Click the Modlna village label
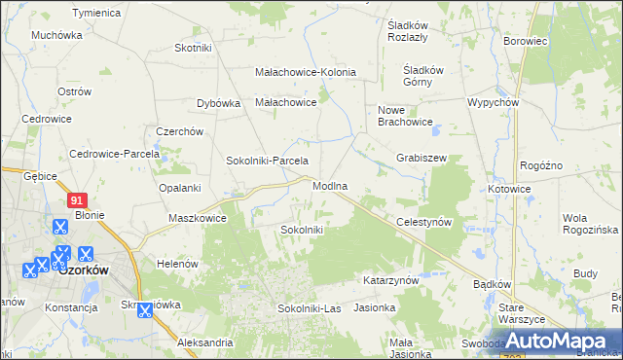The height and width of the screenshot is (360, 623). [x=330, y=185]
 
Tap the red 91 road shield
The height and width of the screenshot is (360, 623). [x=79, y=199]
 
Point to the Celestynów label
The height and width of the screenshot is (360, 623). [x=425, y=222]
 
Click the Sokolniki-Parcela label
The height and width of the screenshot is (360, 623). [x=267, y=161]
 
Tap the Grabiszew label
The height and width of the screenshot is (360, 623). [x=421, y=157]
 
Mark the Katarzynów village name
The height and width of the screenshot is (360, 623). [x=390, y=280]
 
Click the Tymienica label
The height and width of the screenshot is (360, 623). [x=96, y=14]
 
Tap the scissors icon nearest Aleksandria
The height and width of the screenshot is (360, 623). [x=144, y=311]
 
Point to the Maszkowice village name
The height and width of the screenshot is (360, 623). [x=198, y=218]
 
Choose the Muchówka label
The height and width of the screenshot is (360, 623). [x=56, y=35]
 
